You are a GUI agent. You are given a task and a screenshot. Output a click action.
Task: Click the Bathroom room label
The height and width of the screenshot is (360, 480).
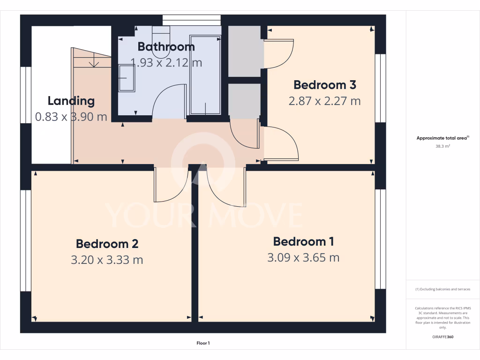pos(166,47)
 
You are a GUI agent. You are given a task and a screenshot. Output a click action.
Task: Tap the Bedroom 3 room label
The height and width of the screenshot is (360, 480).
pos(324,85)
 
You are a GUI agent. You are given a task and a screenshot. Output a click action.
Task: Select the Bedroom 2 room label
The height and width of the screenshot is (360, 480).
pos(107,244)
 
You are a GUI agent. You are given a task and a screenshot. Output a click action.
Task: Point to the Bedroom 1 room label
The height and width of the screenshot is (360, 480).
pos(303,241)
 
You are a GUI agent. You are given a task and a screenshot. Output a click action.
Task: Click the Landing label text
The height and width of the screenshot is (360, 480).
pos(71,101)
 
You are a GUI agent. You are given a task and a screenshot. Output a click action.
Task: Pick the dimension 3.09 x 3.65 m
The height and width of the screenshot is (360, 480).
pos(303,257)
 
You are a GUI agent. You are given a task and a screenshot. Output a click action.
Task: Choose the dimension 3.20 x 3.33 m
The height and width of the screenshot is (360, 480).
pos(107,260)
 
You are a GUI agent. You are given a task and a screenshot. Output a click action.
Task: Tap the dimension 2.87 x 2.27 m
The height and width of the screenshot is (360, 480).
pos(324,101)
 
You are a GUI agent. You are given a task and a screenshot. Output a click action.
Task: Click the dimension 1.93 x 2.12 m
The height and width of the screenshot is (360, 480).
pos(166,62)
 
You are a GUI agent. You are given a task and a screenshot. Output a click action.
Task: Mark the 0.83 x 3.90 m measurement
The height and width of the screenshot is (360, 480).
pos(71,117)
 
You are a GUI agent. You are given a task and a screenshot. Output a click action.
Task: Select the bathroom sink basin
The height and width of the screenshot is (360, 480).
pos(126,78)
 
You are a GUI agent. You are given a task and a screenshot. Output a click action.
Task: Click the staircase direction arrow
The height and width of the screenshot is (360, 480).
pos(95,61)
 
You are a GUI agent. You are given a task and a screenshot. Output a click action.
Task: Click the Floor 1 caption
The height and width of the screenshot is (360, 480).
pos(203,343)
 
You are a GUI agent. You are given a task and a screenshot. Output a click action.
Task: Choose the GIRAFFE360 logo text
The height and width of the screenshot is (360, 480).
pos(443,337)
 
